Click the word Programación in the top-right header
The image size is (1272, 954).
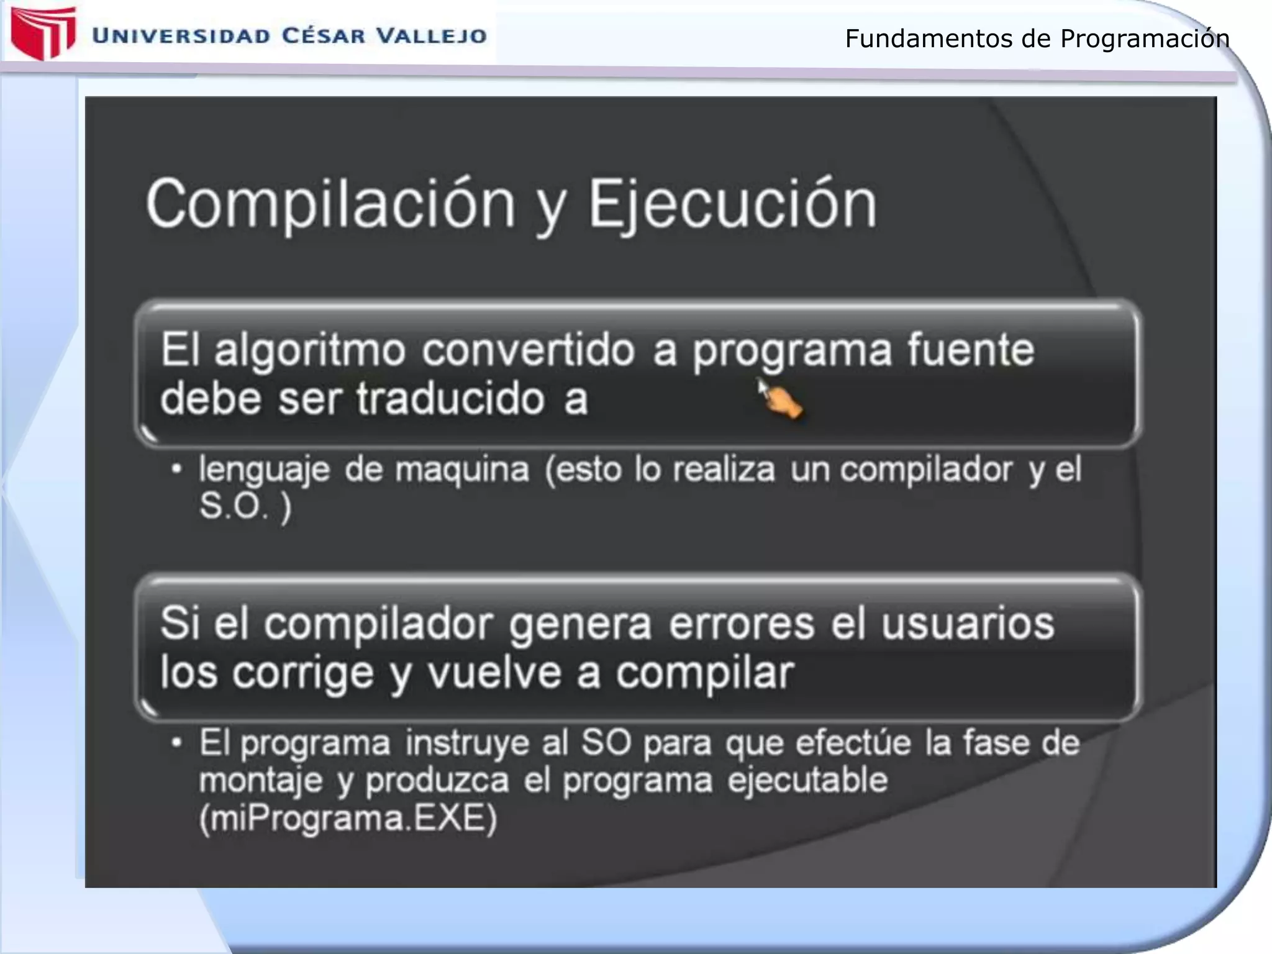(1144, 39)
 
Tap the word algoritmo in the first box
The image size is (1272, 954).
(311, 350)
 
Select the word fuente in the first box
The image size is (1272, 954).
(971, 349)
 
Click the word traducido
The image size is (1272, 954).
(451, 399)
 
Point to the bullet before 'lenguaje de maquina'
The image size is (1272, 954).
(177, 470)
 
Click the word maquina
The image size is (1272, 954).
(462, 470)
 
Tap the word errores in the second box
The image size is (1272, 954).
(742, 624)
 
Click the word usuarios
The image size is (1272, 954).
(968, 624)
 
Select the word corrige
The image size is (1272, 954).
(303, 673)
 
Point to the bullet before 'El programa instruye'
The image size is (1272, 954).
(177, 743)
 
